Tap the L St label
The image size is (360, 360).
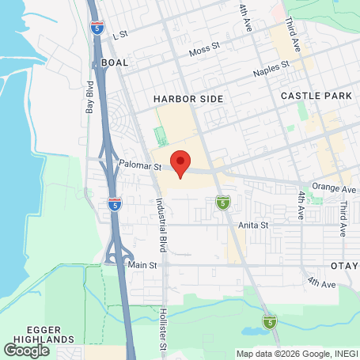[x=120, y=35]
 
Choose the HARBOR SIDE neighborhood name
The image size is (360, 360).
[x=188, y=99]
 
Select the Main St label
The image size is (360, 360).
[x=142, y=265]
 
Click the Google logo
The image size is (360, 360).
[x=27, y=349]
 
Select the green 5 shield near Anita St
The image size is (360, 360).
[x=223, y=204]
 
